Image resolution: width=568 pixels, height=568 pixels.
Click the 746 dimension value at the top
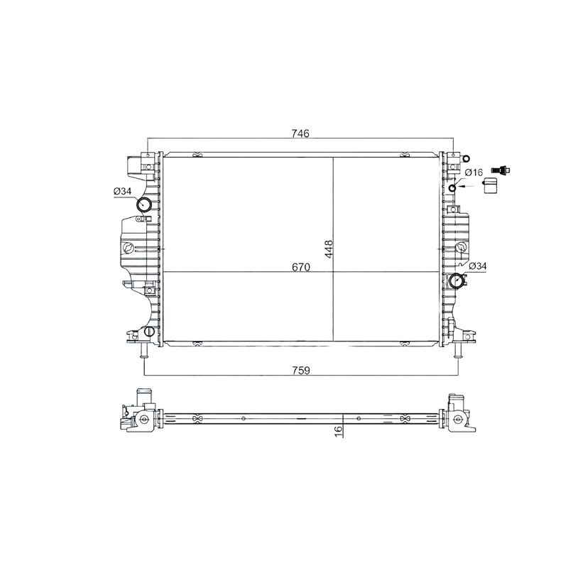(x=300, y=133)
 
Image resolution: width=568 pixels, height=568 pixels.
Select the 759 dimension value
(x=301, y=371)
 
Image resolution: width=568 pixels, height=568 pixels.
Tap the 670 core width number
(x=301, y=268)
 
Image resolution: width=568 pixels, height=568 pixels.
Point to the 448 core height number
(x=329, y=249)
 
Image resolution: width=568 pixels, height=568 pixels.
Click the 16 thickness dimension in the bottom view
(x=339, y=431)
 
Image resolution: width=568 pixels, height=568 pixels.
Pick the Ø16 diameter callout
(x=474, y=173)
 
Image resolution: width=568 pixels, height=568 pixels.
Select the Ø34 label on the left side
(x=122, y=191)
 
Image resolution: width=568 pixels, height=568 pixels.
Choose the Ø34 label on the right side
(x=478, y=266)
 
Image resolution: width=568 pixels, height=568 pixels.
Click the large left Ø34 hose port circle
(x=144, y=204)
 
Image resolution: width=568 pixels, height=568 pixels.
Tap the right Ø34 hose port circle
(x=456, y=280)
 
